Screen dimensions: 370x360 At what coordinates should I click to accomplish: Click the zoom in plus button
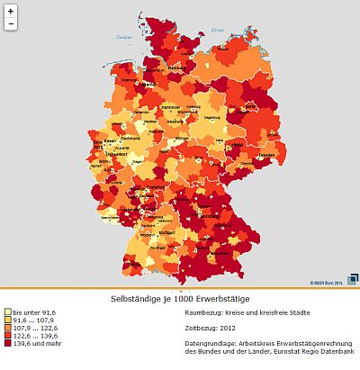pos(10,12)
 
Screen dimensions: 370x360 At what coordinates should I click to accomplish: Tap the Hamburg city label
pos(176,68)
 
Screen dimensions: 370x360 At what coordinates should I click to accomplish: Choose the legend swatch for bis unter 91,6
pos(7,311)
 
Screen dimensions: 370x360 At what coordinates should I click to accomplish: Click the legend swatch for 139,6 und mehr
pos(7,343)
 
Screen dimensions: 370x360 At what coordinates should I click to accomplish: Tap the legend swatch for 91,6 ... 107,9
pos(7,320)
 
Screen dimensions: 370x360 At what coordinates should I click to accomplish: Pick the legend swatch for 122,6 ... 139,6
pos(7,335)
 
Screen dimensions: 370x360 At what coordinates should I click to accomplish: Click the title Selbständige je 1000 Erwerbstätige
pos(180,298)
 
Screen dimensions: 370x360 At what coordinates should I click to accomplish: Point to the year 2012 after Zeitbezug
pos(231,329)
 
